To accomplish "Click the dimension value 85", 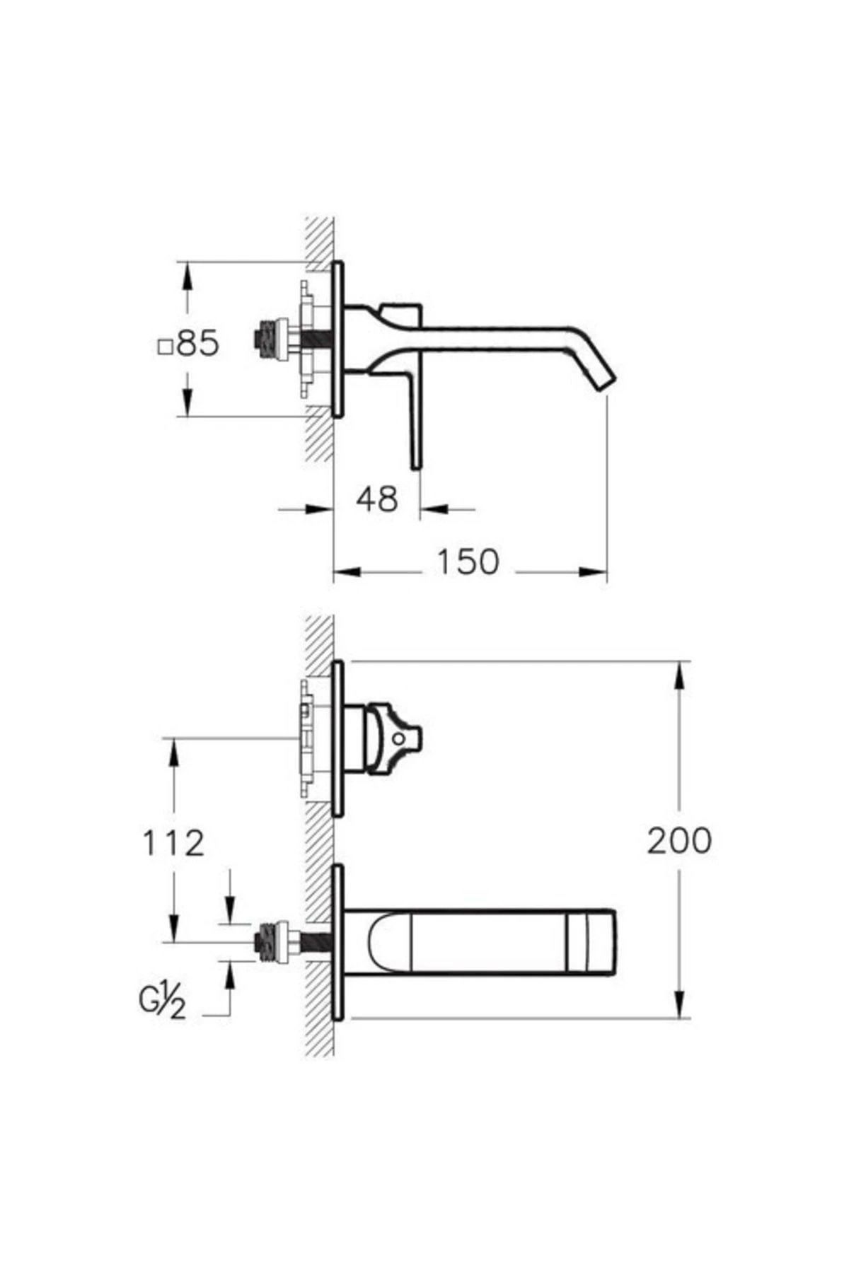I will tap(197, 344).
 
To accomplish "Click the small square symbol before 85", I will tap(165, 347).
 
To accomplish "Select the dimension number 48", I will tap(377, 500).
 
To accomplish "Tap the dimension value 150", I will tap(468, 562).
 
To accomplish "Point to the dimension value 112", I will tap(173, 843).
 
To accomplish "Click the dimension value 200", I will tap(679, 841).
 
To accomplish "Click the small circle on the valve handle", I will tap(398, 738).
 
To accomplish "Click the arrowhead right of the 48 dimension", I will tap(433, 508).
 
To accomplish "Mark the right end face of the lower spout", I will tap(614, 942).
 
